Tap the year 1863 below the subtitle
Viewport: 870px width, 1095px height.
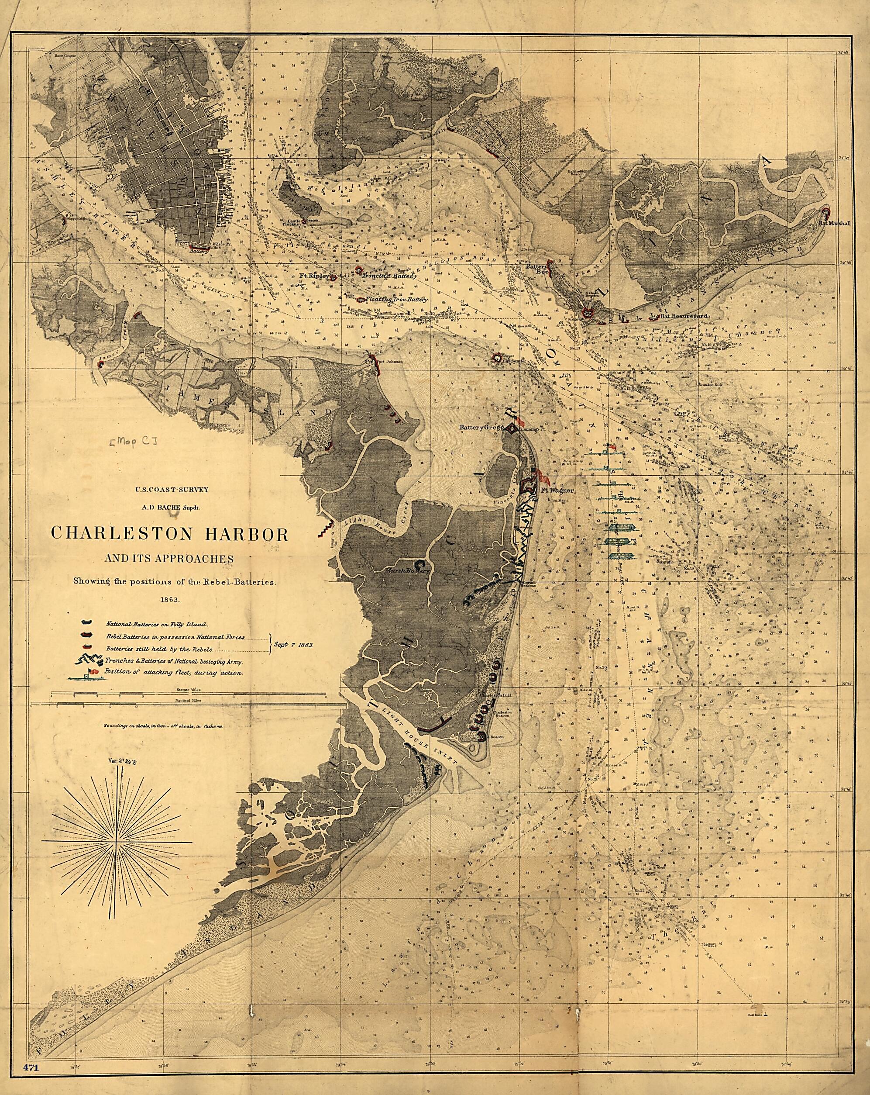(169, 599)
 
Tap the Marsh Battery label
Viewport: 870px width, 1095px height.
(408, 570)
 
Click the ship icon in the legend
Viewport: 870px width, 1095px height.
(84, 674)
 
